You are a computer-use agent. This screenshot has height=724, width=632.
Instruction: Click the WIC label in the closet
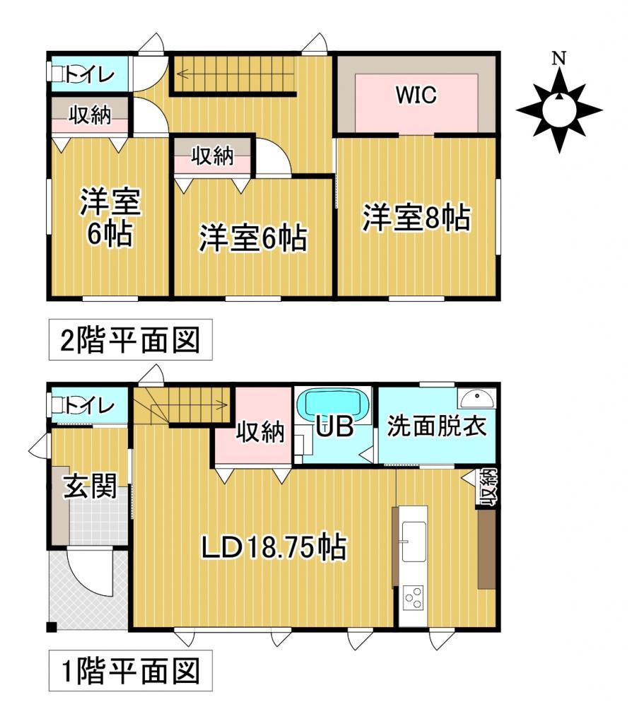pyautogui.click(x=416, y=95)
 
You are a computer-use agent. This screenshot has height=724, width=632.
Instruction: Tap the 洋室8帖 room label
pyautogui.click(x=416, y=219)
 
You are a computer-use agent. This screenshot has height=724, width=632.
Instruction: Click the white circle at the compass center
pyautogui.click(x=558, y=110)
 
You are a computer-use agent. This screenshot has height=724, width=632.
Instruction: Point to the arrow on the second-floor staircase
pyautogui.click(x=182, y=73)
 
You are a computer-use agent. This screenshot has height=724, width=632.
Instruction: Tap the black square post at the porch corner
pyautogui.click(x=52, y=626)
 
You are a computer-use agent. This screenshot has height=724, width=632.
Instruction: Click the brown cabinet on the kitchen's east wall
pyautogui.click(x=486, y=549)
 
